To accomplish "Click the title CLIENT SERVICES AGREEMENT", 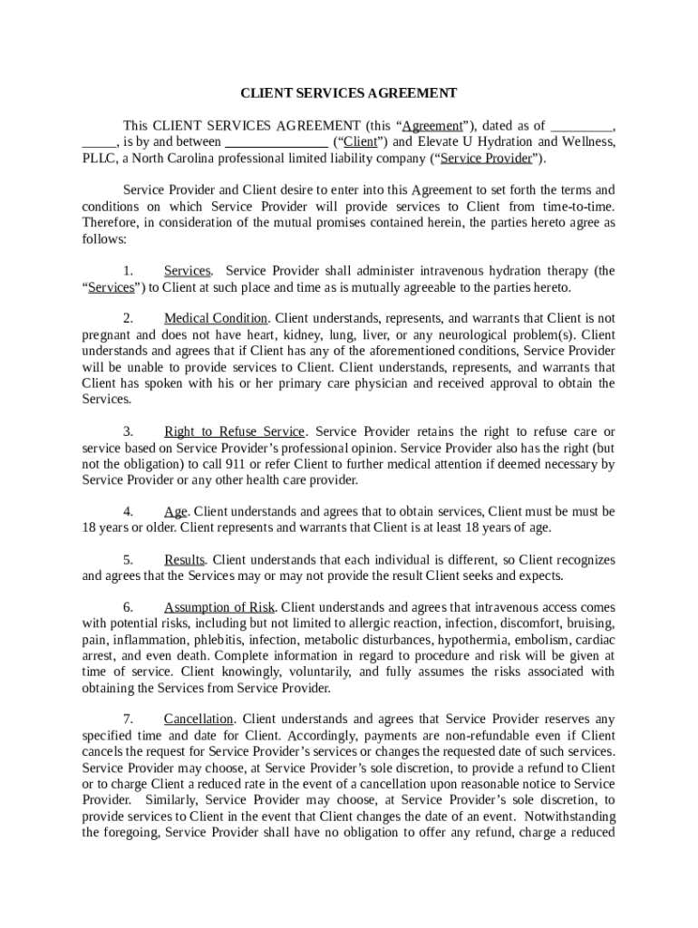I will pyautogui.click(x=348, y=93).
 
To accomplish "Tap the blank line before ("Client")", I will pyautogui.click(x=276, y=142).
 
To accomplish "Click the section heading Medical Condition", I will pyautogui.click(x=216, y=319).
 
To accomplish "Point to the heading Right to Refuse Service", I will pyautogui.click(x=234, y=432).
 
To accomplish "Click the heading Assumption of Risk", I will pyautogui.click(x=219, y=608).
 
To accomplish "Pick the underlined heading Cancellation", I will pyautogui.click(x=199, y=720).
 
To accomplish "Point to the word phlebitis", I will pyautogui.click(x=218, y=640).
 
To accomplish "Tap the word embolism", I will pyautogui.click(x=535, y=640).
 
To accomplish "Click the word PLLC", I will pyautogui.click(x=98, y=159).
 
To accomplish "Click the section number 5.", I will pyautogui.click(x=128, y=561).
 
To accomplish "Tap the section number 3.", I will pyautogui.click(x=128, y=432).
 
